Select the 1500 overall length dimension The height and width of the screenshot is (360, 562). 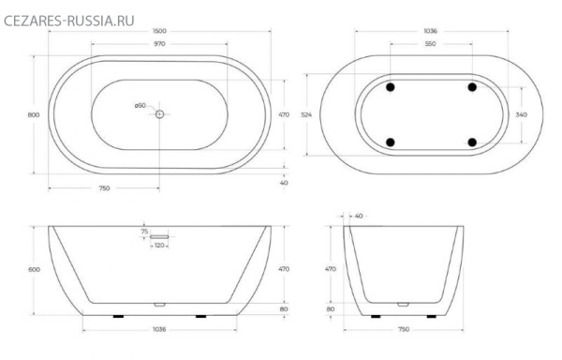tap(159, 32)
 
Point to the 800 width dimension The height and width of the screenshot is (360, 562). tap(34, 114)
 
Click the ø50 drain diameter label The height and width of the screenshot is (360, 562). tap(140, 104)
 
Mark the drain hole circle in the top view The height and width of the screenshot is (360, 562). tap(159, 114)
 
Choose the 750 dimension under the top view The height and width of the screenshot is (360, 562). tap(104, 188)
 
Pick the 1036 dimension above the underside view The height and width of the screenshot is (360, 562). tap(431, 32)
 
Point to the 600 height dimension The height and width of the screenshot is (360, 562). tap(35, 269)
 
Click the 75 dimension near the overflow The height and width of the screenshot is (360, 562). tap(144, 231)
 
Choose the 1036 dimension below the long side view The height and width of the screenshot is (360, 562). tap(158, 329)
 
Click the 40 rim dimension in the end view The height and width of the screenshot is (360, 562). tap(359, 216)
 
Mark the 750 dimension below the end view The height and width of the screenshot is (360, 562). tap(404, 329)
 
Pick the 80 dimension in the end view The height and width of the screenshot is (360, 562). tap(330, 307)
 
